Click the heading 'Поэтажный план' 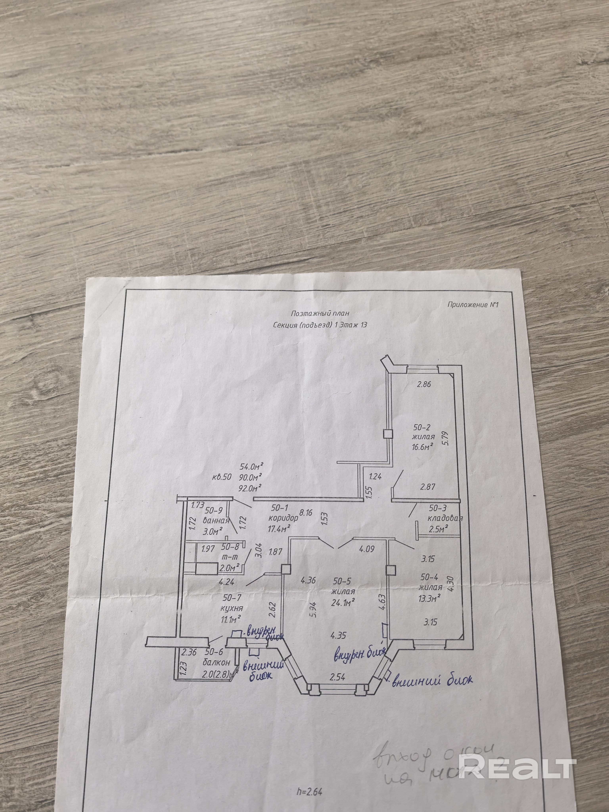(319, 313)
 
